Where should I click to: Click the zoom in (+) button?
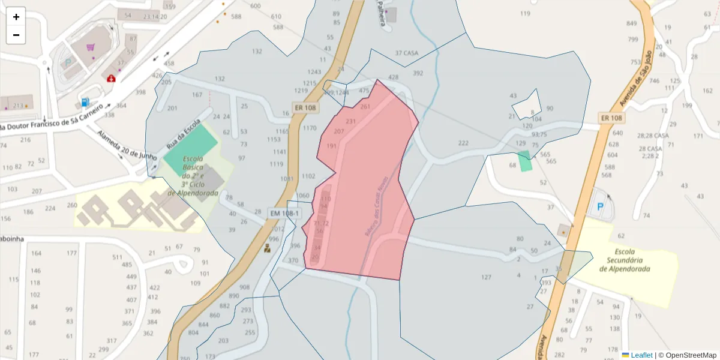pos(16,17)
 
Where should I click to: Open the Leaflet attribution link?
pos(641,355)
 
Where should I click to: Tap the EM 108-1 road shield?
pos(284,213)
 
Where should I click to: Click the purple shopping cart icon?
pos(91,47)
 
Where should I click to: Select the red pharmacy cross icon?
pos(111,78)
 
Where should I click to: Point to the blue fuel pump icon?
pos(85,103)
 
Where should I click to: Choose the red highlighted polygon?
pos(366,180)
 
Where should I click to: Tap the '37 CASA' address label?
pos(406,53)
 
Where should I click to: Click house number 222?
pos(463,143)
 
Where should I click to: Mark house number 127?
pos(486,277)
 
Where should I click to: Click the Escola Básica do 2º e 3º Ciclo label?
pos(194,176)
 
